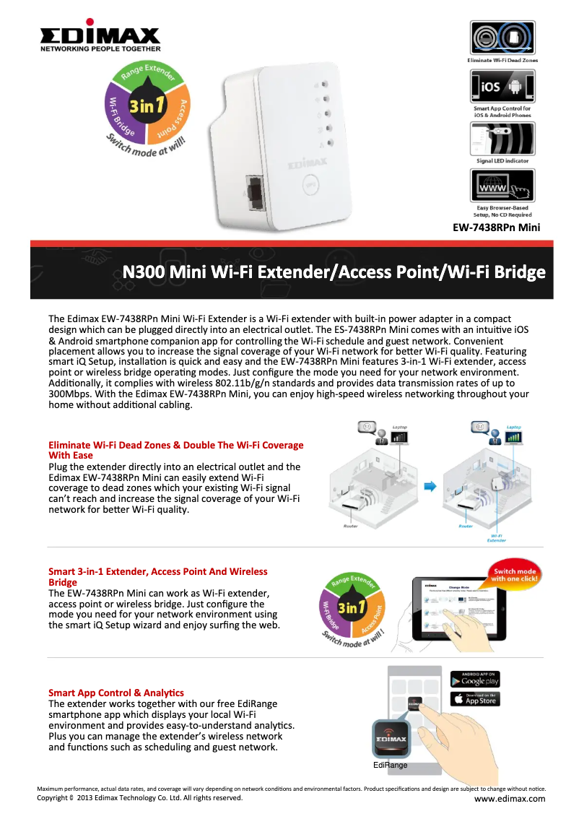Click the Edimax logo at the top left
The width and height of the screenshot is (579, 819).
point(100,36)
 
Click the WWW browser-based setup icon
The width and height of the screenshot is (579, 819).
point(502,186)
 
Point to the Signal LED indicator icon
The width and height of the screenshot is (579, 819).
point(502,138)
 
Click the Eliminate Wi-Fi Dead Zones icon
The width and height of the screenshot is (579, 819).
point(502,38)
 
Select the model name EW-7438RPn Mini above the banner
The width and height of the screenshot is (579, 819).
point(496,228)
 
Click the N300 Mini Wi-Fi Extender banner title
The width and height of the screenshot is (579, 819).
point(334,272)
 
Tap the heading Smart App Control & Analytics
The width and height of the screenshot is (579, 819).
point(116,693)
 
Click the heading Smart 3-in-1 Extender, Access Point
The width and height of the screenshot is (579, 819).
point(157,571)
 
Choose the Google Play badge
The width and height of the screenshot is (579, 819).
point(475,680)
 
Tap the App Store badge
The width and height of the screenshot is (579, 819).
point(475,699)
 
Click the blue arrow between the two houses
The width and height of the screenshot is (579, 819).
point(430,487)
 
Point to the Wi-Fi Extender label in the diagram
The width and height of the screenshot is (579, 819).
point(497,537)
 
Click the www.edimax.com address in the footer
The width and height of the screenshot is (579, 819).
point(510,799)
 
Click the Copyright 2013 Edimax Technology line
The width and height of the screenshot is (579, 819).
point(139,798)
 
